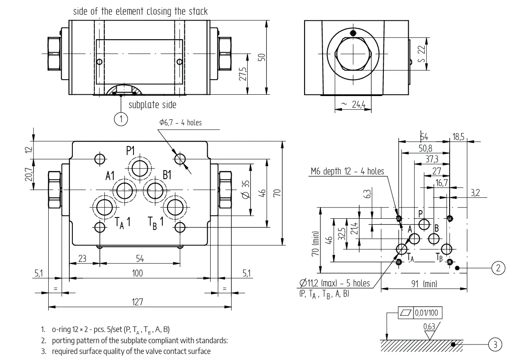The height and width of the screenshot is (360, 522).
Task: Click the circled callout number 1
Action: click(121, 119)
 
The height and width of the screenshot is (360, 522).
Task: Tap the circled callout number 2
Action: click(498, 268)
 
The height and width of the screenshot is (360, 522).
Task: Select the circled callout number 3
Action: click(495, 344)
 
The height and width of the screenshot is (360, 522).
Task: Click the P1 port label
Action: click(130, 151)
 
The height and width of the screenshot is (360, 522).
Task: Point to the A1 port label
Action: click(110, 176)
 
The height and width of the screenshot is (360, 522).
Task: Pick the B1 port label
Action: click(167, 175)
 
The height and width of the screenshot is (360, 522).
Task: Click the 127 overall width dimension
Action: click(137, 302)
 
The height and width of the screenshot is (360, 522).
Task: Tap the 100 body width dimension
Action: click(137, 273)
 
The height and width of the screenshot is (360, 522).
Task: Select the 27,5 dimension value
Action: click(242, 74)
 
